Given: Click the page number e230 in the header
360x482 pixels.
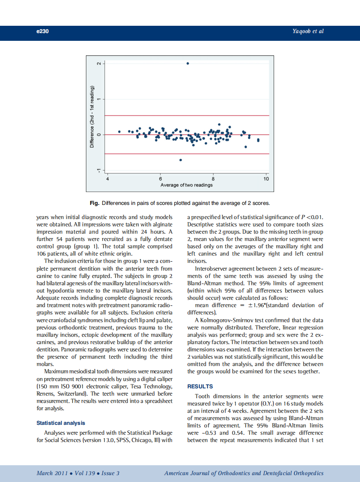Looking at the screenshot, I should pos(42,31).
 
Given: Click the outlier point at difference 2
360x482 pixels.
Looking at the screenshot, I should pos(188,63).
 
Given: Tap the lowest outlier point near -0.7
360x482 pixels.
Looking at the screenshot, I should pos(181,160).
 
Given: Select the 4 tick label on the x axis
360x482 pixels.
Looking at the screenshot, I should pos(107,179).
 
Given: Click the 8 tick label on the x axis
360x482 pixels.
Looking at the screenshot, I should pos(213,179).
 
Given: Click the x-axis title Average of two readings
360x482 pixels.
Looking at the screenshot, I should pos(186,185).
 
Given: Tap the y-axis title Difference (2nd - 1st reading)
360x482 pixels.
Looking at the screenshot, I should pos(92,117).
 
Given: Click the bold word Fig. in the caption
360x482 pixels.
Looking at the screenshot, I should pos(94,203).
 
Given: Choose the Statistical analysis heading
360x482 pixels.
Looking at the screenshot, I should pos(61,423).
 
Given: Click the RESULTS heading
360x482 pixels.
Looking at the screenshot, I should pos(200,387).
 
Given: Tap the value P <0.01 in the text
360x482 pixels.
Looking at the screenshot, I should pos(311,217).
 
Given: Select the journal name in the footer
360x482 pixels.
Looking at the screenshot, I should pos(244,473).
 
